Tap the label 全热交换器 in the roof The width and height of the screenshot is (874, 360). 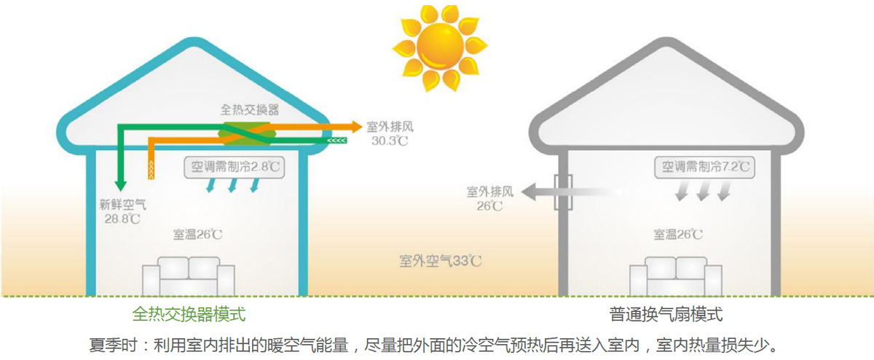pos(250,110)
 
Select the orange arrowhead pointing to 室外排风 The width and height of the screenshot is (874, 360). pos(356,126)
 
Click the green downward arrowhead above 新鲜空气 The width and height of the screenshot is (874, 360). pos(121,184)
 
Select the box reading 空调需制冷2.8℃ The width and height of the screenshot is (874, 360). pos(232,167)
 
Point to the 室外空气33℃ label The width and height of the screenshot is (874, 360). pos(441,260)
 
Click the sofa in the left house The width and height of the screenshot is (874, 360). pos(188,276)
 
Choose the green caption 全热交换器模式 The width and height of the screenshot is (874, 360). pos(189,315)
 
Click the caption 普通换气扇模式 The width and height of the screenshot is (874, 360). pos(666,315)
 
